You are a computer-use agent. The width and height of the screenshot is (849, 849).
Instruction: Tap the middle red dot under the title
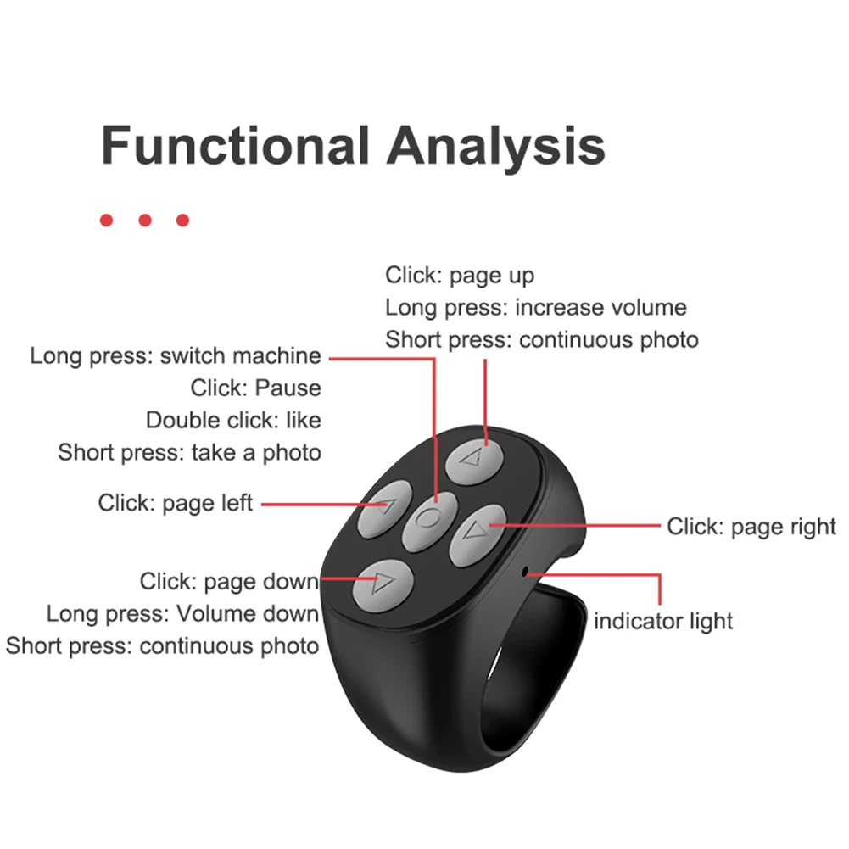coord(144,221)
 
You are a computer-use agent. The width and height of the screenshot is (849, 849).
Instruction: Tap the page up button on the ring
coord(474,461)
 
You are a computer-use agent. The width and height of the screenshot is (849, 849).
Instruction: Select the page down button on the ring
coord(383,586)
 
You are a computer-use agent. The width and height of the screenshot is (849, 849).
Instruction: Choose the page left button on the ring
coord(384,509)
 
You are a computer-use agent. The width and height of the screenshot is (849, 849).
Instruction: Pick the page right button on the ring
coord(478,535)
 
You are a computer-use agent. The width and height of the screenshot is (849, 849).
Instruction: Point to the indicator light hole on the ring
coord(525,572)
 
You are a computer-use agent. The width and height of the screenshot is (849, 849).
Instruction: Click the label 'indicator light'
coord(663,621)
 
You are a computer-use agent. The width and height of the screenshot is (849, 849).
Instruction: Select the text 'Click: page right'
coord(751,527)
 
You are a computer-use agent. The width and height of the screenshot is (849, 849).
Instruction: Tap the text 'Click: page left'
coord(176,503)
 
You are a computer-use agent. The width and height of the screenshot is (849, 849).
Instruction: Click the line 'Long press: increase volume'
coord(536,308)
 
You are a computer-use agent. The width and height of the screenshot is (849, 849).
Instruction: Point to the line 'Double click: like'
coord(233,420)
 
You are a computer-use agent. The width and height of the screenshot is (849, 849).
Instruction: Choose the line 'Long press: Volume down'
coord(182,613)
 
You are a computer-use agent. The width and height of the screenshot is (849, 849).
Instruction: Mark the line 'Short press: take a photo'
coord(189,453)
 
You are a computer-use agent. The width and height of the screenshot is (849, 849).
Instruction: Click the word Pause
coord(288,388)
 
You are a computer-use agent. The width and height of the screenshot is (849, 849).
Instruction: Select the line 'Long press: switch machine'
coord(176,356)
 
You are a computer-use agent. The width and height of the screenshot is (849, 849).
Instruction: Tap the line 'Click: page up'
coord(460,276)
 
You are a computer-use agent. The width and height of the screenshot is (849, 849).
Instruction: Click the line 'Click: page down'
coord(229,582)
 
